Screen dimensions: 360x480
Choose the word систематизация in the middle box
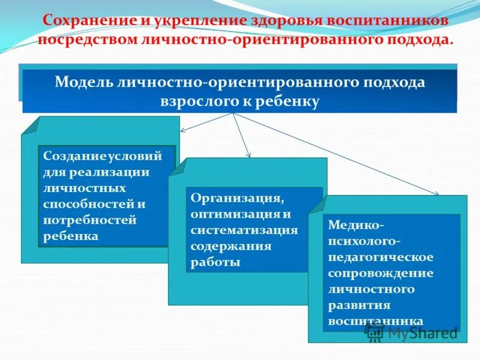tap(244, 230)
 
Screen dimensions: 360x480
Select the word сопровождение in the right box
tap(380, 273)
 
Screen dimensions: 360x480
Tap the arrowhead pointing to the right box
tap(436, 193)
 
